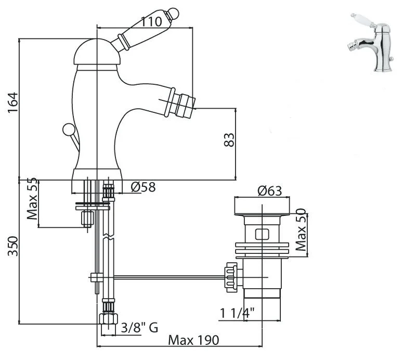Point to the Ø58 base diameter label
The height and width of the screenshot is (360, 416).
click(x=143, y=186)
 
